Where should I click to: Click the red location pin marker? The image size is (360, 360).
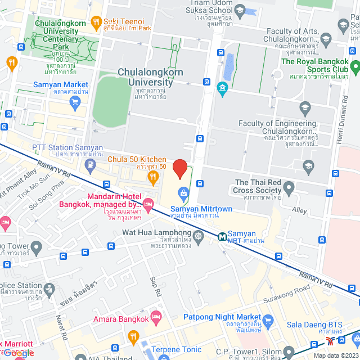pos(179,169)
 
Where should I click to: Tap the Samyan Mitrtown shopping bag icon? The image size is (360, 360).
pos(183,195)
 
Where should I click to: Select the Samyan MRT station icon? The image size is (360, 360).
pos(223,236)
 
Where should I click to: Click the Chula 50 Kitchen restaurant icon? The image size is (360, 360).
pos(152,178)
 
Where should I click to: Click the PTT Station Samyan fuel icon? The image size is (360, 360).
pos(90,164)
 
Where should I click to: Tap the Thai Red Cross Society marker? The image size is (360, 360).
pos(289,187)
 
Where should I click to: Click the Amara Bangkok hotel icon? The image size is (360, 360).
pos(156,319)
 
